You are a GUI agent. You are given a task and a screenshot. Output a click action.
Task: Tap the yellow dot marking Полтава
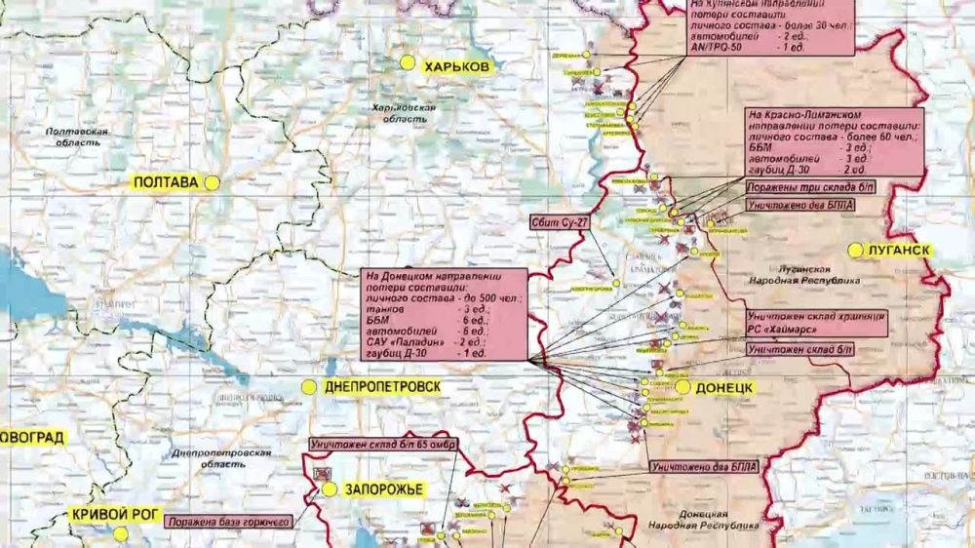(x=212, y=181)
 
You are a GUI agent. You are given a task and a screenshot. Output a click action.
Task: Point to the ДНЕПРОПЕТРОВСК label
(x=381, y=387)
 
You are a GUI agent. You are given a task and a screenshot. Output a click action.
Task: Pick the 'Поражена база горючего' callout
(x=229, y=523)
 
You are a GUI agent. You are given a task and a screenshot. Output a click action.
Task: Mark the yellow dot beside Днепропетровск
(x=308, y=387)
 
